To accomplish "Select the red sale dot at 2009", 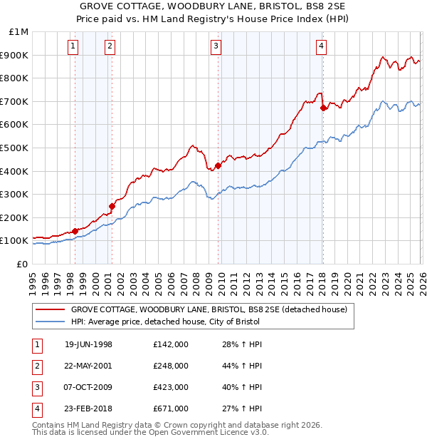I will click(218, 166).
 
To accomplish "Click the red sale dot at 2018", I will click(323, 108).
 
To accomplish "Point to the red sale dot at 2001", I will click(112, 207).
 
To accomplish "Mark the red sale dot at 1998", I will click(75, 231).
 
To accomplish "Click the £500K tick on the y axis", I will click(14, 148).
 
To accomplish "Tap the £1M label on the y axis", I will click(19, 32).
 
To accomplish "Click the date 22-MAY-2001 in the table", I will click(88, 366).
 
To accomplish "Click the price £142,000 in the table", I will click(170, 344).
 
